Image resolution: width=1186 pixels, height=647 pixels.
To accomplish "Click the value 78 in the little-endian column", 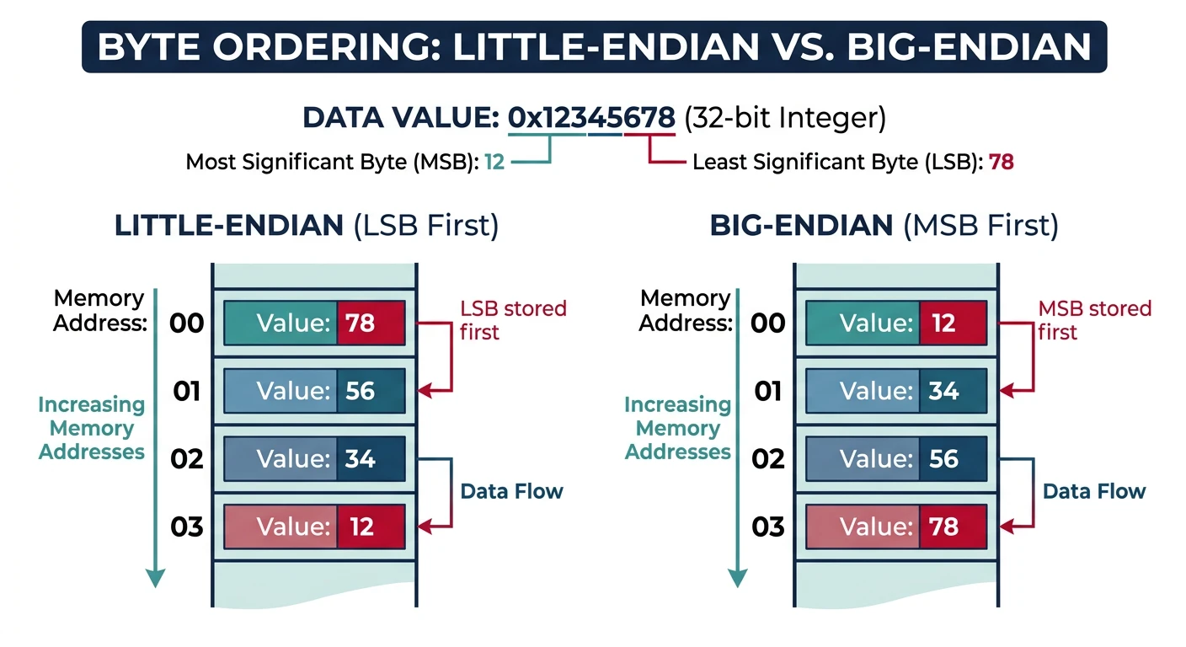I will tap(361, 323).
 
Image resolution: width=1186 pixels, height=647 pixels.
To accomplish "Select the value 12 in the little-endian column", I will tap(361, 527).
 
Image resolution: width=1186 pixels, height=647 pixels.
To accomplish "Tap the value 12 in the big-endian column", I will tap(943, 323).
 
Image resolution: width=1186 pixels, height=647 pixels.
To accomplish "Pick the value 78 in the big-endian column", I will tap(943, 527).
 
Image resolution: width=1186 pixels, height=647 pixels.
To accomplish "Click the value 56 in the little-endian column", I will tap(361, 391).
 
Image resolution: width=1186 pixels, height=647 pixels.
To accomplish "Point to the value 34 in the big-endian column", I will tap(943, 391).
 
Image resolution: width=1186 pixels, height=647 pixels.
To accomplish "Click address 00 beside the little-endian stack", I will tap(186, 323).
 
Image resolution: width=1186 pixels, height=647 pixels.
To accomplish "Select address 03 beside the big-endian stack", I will tap(768, 527).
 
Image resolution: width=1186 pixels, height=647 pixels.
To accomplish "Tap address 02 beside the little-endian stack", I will tap(186, 459).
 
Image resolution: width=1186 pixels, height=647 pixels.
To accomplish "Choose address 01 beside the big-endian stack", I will tap(768, 391).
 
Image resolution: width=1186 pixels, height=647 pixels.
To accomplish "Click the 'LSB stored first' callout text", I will tap(512, 320).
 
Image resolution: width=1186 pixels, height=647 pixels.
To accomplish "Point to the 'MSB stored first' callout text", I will tap(1093, 320).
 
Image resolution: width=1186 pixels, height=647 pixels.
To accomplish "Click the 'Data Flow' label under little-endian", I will tap(511, 491).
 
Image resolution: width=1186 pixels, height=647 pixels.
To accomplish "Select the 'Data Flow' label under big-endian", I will tap(1094, 491).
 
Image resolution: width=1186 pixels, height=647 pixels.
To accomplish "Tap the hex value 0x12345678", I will tap(591, 118).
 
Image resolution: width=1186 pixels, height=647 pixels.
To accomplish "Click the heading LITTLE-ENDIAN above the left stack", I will tap(229, 225).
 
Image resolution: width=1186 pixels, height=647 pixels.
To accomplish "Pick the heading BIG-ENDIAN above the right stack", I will tap(801, 225).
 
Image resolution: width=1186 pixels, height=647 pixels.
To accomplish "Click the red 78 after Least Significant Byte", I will tap(1001, 162).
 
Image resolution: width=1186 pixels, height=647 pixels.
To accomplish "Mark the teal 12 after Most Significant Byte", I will tap(494, 162).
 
